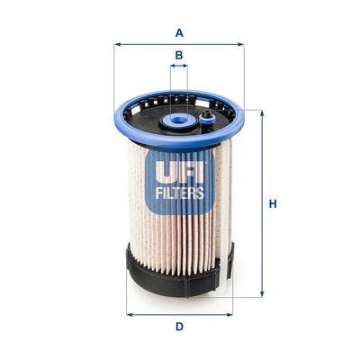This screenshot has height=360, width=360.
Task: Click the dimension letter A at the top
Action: point(179,33)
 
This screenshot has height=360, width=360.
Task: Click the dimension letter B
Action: point(179,56)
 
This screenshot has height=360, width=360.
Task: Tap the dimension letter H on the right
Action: point(273,203)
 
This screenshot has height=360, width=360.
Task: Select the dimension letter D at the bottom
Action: point(179,326)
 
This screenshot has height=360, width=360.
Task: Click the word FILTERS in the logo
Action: point(180,192)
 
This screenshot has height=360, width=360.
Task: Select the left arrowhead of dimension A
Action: point(117,44)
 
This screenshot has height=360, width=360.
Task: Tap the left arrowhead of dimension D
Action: point(129,314)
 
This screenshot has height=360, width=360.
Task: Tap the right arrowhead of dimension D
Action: point(230,314)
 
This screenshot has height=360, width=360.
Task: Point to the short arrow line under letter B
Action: point(179,67)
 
